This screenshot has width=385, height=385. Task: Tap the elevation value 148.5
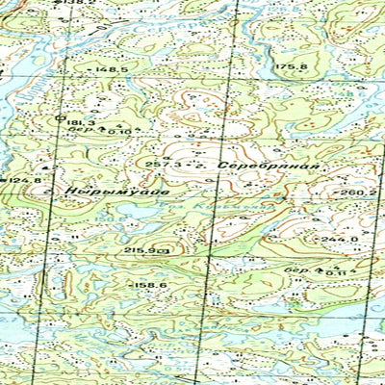pos(111,70)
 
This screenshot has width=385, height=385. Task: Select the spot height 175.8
pos(290,66)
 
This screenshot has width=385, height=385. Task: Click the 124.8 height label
pos(26,180)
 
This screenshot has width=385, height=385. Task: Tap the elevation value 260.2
pos(358,192)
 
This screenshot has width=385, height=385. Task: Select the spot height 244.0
pos(341,239)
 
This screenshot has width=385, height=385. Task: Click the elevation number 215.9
pos(141,250)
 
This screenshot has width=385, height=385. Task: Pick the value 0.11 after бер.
pos(335,273)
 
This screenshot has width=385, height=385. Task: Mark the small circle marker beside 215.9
pos(166,250)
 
